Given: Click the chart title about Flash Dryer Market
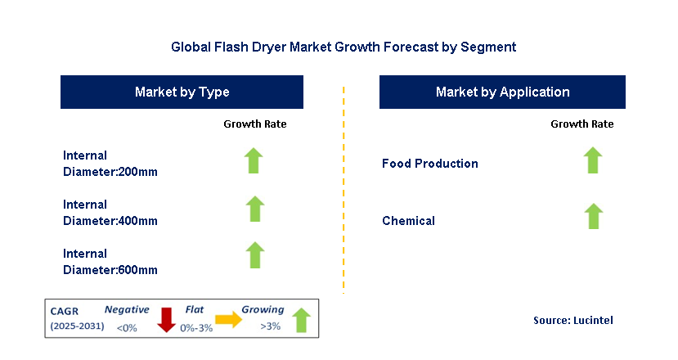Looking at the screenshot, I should [343, 47].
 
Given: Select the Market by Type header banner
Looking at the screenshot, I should [182, 92].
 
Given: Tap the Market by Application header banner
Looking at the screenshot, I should [502, 92].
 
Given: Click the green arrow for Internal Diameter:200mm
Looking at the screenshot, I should [255, 161].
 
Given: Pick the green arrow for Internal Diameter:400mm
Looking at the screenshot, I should [255, 209].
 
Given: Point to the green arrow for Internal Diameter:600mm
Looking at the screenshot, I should [255, 255].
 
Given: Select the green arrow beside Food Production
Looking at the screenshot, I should [593, 161].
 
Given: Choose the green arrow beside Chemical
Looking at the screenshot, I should [593, 217].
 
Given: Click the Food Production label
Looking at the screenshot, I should [430, 164].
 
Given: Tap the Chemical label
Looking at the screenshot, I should [409, 221].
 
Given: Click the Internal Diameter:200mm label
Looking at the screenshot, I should [110, 163].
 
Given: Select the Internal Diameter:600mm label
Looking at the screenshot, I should [110, 262].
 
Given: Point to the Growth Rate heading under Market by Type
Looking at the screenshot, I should [255, 124].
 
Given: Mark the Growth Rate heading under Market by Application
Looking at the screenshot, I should [581, 124].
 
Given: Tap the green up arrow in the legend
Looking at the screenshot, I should [301, 321].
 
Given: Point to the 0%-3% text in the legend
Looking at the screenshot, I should [197, 328].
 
